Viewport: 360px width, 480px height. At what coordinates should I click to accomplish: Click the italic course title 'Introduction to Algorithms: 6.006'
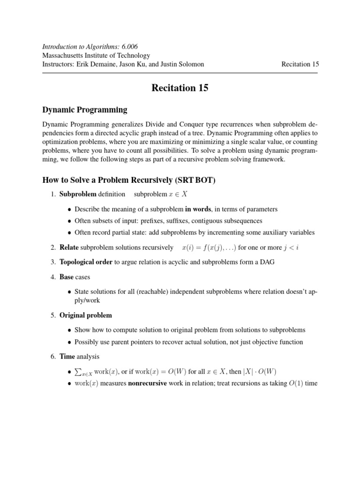tap(90, 46)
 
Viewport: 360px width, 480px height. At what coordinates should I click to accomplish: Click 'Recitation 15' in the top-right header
tap(300, 64)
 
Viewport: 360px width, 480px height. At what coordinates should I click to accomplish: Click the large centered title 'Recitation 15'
tap(180, 88)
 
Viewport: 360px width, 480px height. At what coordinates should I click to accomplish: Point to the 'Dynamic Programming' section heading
tap(85, 110)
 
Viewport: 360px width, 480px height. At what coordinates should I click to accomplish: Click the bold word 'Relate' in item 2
tap(69, 247)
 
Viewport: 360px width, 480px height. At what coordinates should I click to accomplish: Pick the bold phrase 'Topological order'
tap(86, 262)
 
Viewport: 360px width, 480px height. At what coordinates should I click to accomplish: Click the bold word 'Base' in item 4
tap(67, 277)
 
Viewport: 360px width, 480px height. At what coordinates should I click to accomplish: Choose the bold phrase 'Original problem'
tap(86, 315)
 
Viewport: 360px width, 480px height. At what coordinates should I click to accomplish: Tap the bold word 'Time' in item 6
tap(67, 357)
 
